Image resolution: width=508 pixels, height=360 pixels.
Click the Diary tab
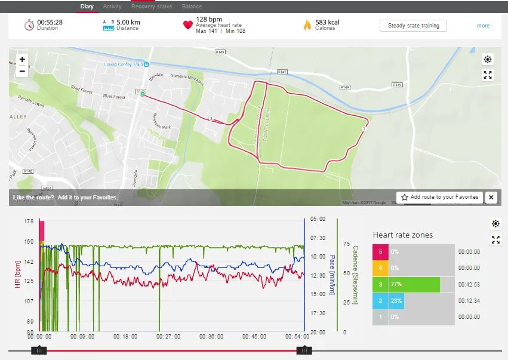pos(87,7)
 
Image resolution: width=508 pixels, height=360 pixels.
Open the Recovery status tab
pos(152,7)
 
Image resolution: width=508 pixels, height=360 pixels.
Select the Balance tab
pos(192,7)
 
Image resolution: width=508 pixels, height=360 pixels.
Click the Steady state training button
pos(413,26)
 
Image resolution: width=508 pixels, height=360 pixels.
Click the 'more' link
pos(483,26)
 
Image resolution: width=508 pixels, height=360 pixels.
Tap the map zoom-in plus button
pos(22,60)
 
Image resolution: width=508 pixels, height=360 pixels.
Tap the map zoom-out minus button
pos(22,72)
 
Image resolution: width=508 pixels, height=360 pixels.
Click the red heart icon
pos(188,25)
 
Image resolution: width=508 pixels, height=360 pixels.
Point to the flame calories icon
pos(307,25)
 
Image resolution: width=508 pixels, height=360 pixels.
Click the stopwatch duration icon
pos(29,25)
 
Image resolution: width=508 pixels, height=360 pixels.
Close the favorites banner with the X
pos(491,197)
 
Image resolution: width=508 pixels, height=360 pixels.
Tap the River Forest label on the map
pos(114,96)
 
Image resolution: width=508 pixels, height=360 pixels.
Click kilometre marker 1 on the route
pos(364,128)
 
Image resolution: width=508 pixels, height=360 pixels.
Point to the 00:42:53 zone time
pos(469,285)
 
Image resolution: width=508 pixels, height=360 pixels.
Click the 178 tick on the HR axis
pos(29,221)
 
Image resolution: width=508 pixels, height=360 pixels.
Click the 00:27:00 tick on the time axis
pos(168,337)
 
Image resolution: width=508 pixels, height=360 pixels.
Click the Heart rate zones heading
pos(403,235)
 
